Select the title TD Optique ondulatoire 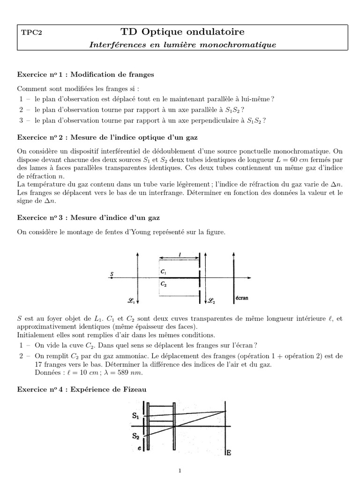click(x=182, y=32)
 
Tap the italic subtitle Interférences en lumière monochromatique click(x=182, y=45)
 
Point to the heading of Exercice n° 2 click(x=108, y=138)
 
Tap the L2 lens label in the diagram click(x=212, y=300)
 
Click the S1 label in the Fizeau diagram click(x=135, y=415)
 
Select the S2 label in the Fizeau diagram click(x=135, y=435)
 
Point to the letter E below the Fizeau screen click(x=229, y=453)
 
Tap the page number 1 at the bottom click(x=180, y=471)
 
